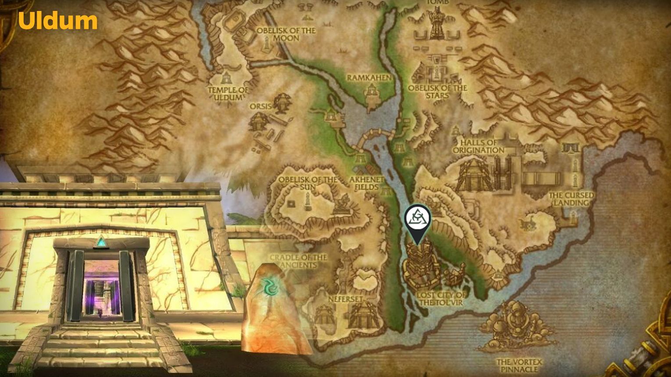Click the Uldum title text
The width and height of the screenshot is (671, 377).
click(x=57, y=21)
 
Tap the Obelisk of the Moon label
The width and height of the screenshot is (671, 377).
click(x=286, y=34)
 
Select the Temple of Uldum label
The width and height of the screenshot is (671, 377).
click(x=228, y=93)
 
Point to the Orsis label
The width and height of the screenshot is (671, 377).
click(x=261, y=106)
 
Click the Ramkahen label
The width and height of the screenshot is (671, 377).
click(x=369, y=78)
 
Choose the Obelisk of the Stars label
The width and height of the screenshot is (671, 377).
click(x=437, y=91)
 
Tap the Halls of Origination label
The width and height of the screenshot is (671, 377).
click(x=478, y=146)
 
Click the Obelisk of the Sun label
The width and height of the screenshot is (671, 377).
click(x=308, y=183)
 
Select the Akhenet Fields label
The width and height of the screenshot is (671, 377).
click(x=366, y=183)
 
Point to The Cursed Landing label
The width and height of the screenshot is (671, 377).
click(x=571, y=199)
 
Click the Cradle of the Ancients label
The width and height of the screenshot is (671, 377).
click(x=298, y=261)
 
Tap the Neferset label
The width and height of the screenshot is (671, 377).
click(x=346, y=299)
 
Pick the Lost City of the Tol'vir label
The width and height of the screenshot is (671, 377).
click(x=441, y=298)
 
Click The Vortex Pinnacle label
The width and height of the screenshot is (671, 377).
click(x=519, y=365)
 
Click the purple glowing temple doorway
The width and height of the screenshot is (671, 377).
click(x=101, y=290)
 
